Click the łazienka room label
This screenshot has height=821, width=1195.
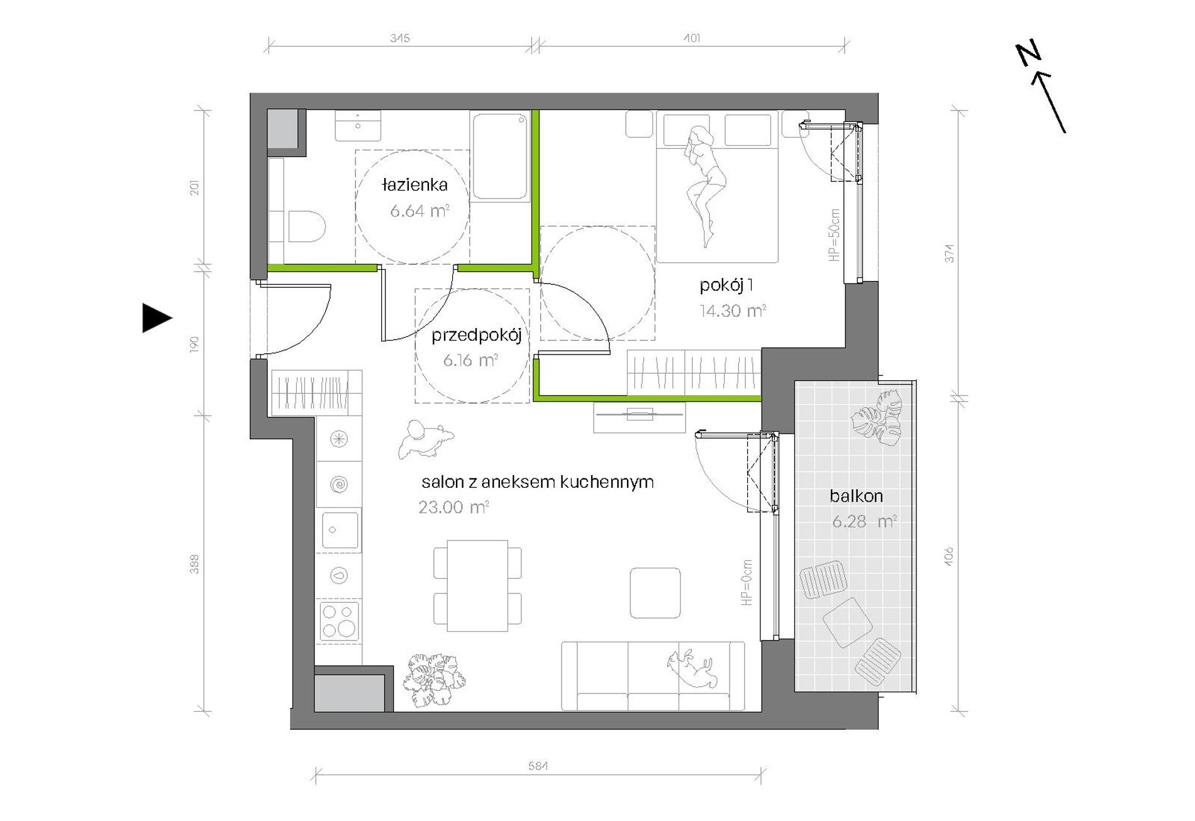click(x=414, y=185)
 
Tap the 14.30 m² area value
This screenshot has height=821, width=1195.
click(x=733, y=311)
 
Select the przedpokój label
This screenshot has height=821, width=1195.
click(x=476, y=335)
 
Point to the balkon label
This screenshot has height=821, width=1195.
click(x=856, y=496)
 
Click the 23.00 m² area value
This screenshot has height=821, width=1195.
click(x=453, y=507)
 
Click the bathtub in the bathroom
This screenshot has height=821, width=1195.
click(x=500, y=156)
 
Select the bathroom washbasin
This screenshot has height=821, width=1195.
click(x=358, y=126)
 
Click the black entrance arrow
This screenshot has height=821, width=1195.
click(x=157, y=317)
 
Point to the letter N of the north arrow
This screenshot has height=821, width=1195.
click(x=1028, y=53)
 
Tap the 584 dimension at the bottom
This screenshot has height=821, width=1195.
click(x=538, y=766)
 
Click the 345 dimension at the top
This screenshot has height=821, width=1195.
click(x=400, y=38)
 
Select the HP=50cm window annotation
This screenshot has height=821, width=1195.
click(x=834, y=235)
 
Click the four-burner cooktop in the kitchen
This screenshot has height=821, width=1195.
click(x=339, y=621)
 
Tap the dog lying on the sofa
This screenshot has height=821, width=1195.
click(x=692, y=669)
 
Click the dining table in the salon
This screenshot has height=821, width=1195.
click(x=477, y=585)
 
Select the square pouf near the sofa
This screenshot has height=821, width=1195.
click(x=655, y=593)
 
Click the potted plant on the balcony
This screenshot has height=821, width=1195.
click(x=877, y=419)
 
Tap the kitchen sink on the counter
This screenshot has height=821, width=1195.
click(x=340, y=530)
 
